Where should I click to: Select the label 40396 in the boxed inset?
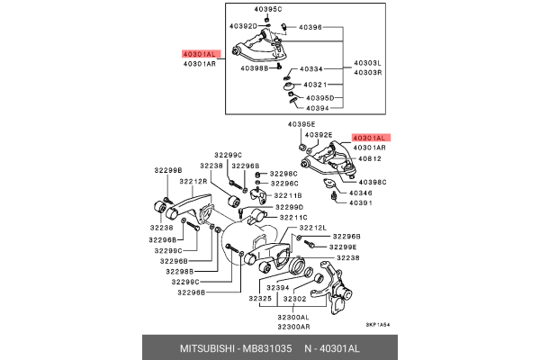310,28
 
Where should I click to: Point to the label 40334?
310,68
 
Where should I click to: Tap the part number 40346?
361,193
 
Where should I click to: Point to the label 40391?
361,203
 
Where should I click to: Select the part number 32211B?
288,194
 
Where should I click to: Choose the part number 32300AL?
292,317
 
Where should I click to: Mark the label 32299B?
167,169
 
